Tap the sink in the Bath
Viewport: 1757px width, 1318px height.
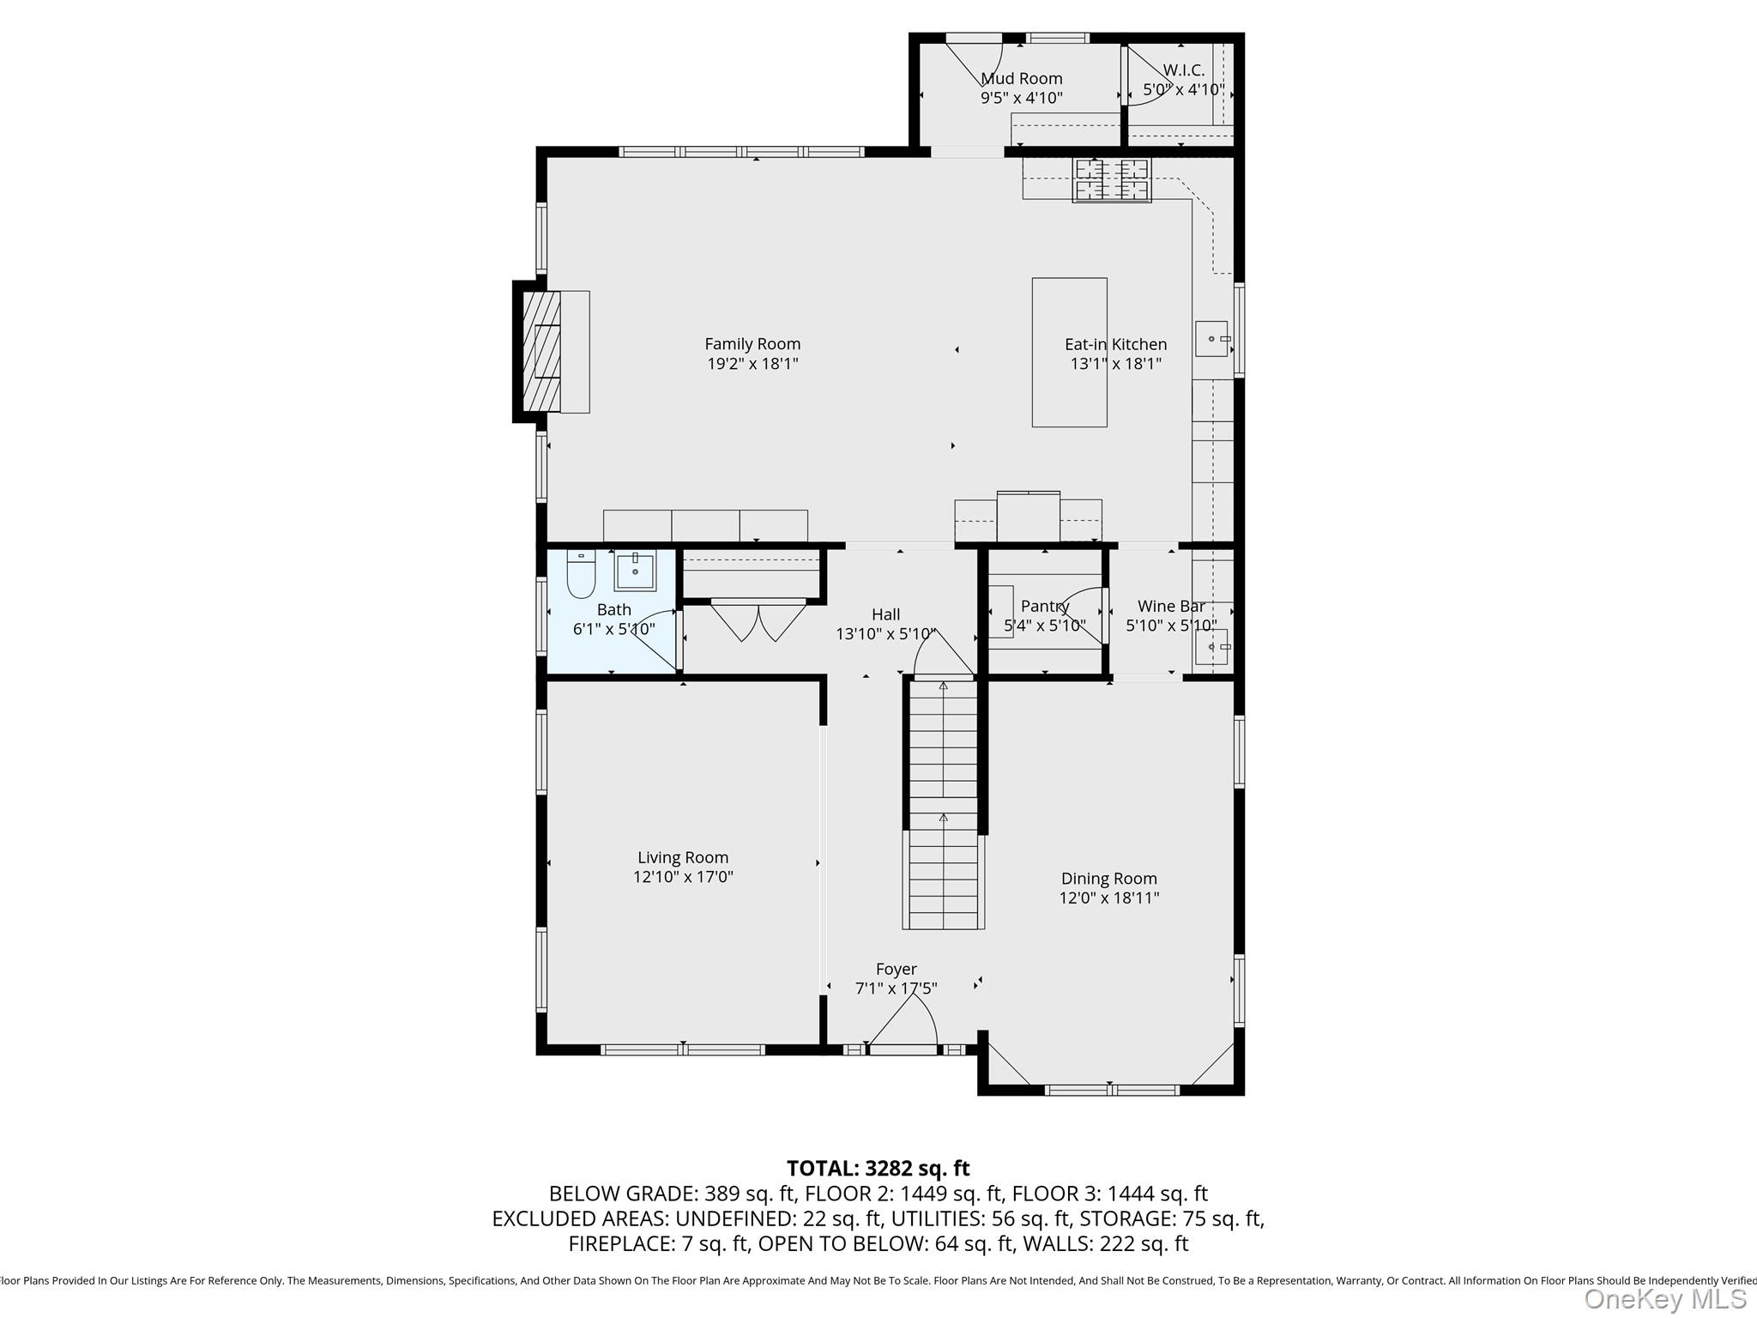click(635, 571)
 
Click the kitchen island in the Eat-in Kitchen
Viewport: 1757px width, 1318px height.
click(1069, 352)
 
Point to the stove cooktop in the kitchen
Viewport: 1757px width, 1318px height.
click(1112, 180)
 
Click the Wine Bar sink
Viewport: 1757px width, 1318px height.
click(1212, 647)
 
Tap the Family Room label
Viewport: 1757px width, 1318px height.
click(752, 344)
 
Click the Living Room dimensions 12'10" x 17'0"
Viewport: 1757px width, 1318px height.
click(683, 877)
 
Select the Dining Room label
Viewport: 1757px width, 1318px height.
click(1109, 879)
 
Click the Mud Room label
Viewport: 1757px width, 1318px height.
click(1022, 79)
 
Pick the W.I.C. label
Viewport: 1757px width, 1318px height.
click(1184, 70)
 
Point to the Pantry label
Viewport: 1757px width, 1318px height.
click(1045, 606)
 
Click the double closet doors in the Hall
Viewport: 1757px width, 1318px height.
click(758, 620)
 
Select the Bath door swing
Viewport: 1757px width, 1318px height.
click(656, 639)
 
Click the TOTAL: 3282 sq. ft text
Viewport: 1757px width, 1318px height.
click(878, 1169)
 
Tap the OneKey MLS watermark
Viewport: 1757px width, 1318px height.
click(1664, 1300)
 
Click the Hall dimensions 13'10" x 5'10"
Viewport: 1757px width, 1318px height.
click(886, 634)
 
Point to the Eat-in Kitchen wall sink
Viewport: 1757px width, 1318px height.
click(1212, 339)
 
